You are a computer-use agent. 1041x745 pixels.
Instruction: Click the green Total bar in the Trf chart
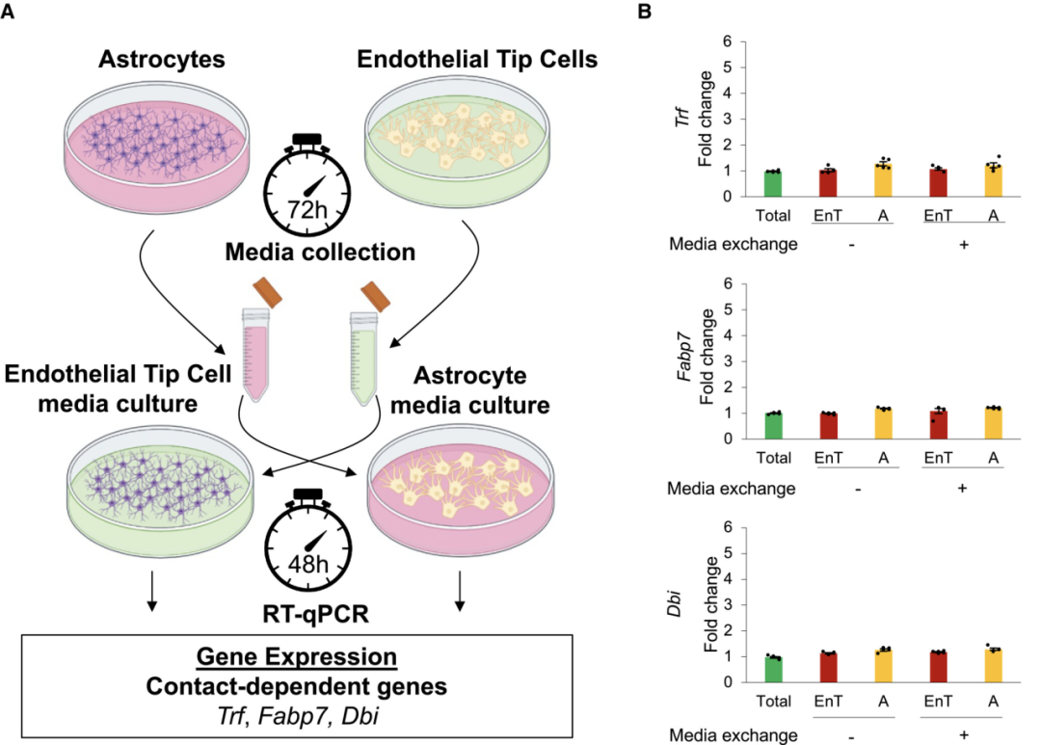[x=771, y=184]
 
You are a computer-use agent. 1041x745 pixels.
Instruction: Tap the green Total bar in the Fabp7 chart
[x=771, y=426]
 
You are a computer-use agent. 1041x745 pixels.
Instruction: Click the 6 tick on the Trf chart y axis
[x=739, y=42]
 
